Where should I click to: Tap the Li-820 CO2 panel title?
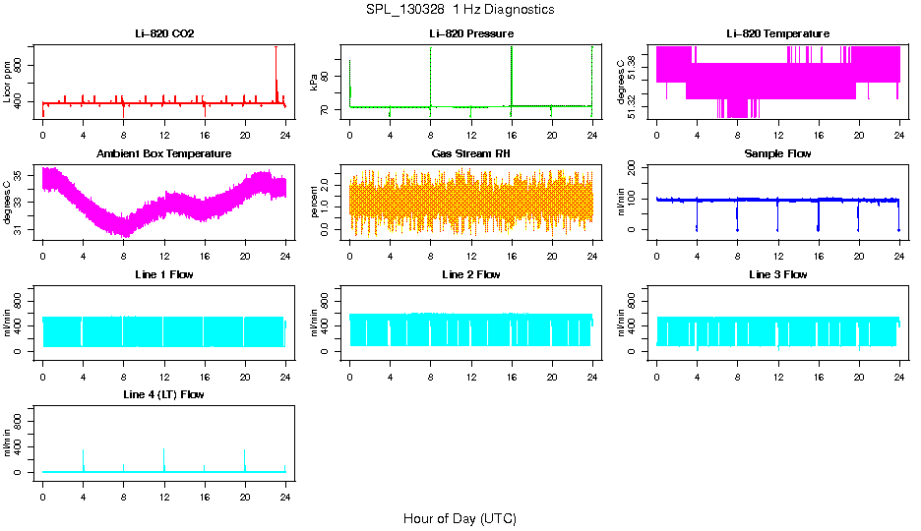point(164,34)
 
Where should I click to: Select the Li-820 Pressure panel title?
point(470,34)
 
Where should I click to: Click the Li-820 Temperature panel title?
point(777,34)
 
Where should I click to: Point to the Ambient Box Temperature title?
point(164,154)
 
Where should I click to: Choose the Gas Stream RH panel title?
point(470,154)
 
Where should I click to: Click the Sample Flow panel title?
point(777,154)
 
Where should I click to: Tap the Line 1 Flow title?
point(164,274)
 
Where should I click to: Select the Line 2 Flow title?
point(470,274)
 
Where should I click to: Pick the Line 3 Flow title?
point(777,274)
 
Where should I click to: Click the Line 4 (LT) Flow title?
point(164,394)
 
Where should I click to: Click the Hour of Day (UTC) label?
point(460,518)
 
